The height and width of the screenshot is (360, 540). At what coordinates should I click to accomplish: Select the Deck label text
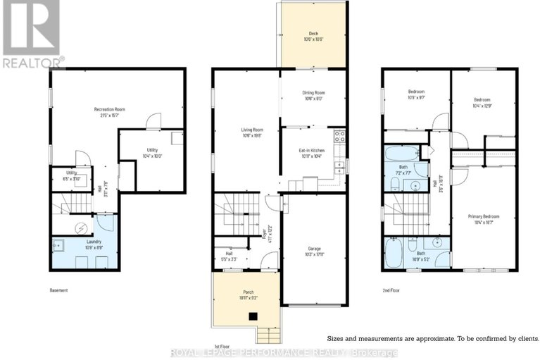(x=313, y=35)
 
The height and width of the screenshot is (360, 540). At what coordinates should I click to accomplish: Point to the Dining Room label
(x=313, y=95)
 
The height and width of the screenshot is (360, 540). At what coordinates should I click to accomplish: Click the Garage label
(x=314, y=251)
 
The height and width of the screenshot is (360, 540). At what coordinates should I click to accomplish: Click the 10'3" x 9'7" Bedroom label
(x=417, y=94)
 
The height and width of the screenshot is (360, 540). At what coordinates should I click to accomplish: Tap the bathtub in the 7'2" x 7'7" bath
(x=399, y=152)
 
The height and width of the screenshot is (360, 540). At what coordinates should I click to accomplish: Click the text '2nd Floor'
(x=391, y=290)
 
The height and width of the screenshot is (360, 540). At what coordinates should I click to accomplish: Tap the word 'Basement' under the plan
(x=59, y=290)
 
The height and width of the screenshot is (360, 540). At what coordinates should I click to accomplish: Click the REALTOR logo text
(x=32, y=63)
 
